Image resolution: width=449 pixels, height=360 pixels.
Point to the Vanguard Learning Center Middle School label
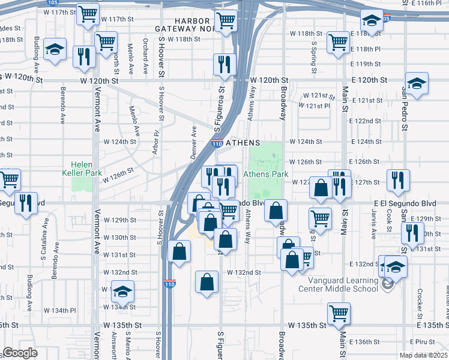pyautogui.click(x=343, y=284)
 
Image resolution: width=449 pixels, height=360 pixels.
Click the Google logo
pyautogui.click(x=20, y=352)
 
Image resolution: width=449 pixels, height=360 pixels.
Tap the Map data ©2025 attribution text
pyautogui.click(x=423, y=356)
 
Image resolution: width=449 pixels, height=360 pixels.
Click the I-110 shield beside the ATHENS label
pyautogui.click(x=217, y=143)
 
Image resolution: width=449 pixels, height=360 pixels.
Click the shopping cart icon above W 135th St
pyautogui.click(x=339, y=313)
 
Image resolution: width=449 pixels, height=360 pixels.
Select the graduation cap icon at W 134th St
pyautogui.click(x=122, y=292)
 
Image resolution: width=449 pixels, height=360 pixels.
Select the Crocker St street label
pyautogui.click(x=419, y=303)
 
